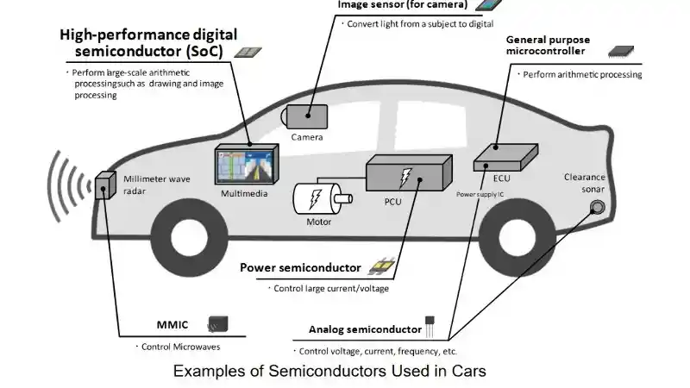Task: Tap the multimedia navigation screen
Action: click(x=248, y=165)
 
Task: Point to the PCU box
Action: click(x=405, y=176)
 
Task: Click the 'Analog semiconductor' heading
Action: click(x=365, y=330)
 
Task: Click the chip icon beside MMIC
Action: click(x=217, y=325)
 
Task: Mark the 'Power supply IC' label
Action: click(x=480, y=195)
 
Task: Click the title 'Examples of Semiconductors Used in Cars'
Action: click(x=330, y=372)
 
